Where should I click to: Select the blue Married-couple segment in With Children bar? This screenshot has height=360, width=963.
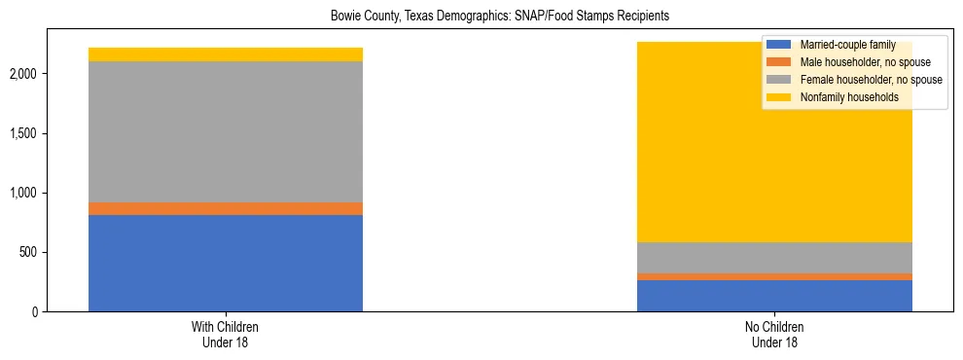(226, 263)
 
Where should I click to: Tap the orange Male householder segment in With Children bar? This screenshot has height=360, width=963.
(226, 208)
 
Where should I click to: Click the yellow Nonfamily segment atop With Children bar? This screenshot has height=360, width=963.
(226, 54)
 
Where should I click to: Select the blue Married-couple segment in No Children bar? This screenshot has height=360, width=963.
(774, 296)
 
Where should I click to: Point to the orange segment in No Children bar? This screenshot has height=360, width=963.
(774, 276)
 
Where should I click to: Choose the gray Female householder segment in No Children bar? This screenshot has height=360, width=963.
(774, 258)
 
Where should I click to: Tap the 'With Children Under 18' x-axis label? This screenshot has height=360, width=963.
(226, 334)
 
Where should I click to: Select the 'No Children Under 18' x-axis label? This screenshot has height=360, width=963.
(774, 334)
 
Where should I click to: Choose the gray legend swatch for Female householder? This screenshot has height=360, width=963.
(779, 80)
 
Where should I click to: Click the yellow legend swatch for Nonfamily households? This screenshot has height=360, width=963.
(779, 97)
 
